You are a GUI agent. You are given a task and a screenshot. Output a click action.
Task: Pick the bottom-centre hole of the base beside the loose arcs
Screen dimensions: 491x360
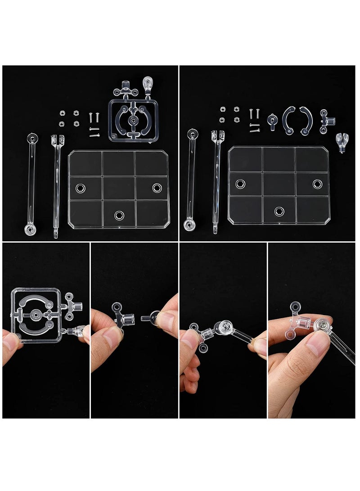[x=279, y=211]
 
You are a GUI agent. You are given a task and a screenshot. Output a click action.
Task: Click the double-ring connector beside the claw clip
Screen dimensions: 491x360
[x=325, y=122]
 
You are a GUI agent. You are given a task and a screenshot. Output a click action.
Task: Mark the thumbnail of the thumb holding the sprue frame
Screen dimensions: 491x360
[x=10, y=342]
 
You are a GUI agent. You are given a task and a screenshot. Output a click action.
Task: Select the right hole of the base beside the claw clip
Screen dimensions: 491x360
[x=318, y=184]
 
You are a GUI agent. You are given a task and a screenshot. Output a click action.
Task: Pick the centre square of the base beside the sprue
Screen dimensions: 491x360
[x=119, y=188]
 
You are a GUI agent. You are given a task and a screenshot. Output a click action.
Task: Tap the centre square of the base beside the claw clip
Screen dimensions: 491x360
[x=279, y=183]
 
